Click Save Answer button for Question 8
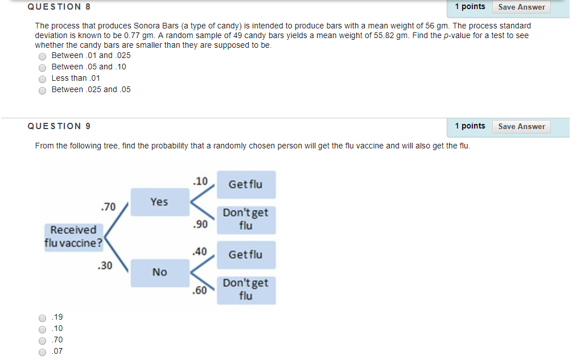point(521,7)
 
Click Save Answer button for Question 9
point(521,127)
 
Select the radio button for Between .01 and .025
point(42,56)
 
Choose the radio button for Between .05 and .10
point(42,67)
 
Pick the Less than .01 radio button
point(42,78)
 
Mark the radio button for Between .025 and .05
point(42,90)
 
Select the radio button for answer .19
point(42,318)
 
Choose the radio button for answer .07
point(42,352)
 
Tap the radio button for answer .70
point(42,341)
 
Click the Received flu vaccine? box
point(73,237)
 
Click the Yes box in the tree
point(159,202)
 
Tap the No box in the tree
point(159,272)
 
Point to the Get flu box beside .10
point(245,184)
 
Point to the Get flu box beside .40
point(245,255)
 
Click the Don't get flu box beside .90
point(245,220)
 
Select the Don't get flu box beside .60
point(245,289)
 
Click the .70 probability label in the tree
point(108,206)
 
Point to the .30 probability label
point(105,266)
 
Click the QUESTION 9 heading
point(59,126)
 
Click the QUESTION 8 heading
point(59,7)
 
